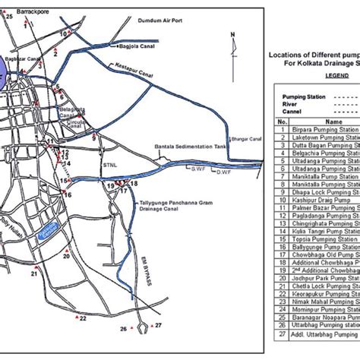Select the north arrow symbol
click(233, 39)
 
